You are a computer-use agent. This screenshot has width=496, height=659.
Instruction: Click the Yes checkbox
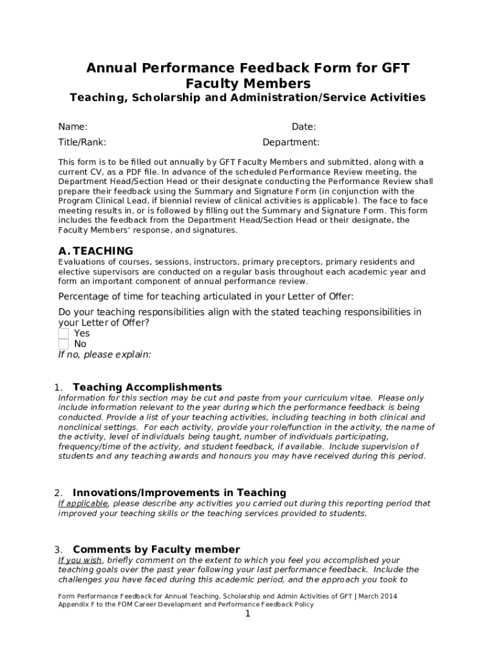pos(63,333)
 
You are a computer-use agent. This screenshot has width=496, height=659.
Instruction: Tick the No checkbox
pos(63,344)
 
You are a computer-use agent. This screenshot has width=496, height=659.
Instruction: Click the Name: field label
pos(73,127)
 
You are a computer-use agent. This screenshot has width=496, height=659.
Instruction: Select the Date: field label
pos(303,127)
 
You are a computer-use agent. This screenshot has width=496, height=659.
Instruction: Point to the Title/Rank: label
pos(82,142)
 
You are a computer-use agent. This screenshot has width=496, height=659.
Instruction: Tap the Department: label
pos(291,142)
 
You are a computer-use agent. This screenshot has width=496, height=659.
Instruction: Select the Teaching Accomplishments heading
pos(147,387)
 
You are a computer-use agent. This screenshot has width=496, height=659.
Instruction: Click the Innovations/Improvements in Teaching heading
pos(179,492)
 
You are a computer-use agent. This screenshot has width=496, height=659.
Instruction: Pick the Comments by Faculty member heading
pos(156,549)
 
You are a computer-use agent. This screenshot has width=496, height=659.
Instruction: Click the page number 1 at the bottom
pos(247,614)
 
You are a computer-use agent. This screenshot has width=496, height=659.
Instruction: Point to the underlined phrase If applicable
pos(83,503)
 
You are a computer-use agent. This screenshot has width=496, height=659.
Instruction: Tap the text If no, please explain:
pos(104,355)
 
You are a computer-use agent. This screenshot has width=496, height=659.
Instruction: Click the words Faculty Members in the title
pos(248,84)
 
